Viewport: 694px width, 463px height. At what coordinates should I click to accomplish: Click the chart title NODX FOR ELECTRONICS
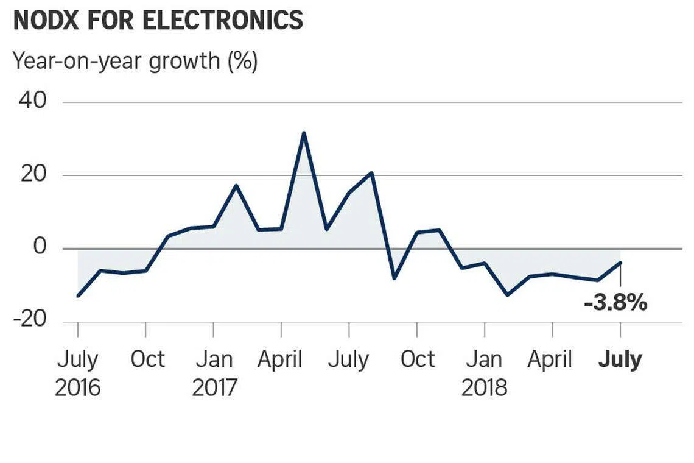tap(158, 21)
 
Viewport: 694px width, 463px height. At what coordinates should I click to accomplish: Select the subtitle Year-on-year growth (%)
tap(135, 61)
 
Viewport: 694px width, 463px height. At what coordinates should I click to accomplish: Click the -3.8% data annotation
tap(615, 302)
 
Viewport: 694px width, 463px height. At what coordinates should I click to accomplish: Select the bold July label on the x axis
tap(620, 359)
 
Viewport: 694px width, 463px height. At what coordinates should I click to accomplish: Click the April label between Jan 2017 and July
tap(280, 359)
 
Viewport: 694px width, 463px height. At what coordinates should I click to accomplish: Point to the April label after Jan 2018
tap(550, 359)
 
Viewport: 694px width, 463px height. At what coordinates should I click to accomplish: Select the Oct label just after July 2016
tap(147, 359)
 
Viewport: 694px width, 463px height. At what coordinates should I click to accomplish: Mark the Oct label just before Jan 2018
tap(418, 359)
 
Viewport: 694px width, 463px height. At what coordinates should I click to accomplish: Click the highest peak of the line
tap(304, 133)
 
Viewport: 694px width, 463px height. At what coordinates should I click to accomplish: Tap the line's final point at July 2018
tap(620, 263)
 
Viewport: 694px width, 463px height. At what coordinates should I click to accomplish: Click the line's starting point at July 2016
tap(78, 296)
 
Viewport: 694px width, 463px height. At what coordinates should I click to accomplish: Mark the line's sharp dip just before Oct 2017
tap(394, 278)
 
